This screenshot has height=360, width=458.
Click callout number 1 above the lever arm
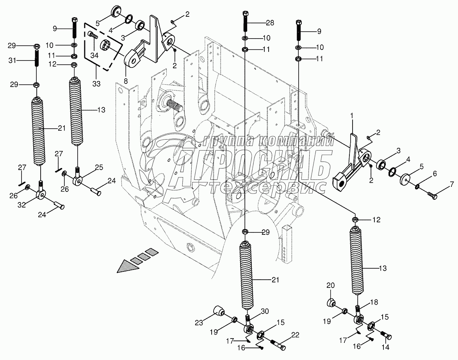[x=351, y=116]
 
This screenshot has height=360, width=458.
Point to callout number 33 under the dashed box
[x=96, y=83]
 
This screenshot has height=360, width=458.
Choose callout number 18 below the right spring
[x=374, y=302]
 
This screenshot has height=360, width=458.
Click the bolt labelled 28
[x=245, y=21]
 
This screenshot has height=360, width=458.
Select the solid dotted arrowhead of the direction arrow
[x=125, y=268]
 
